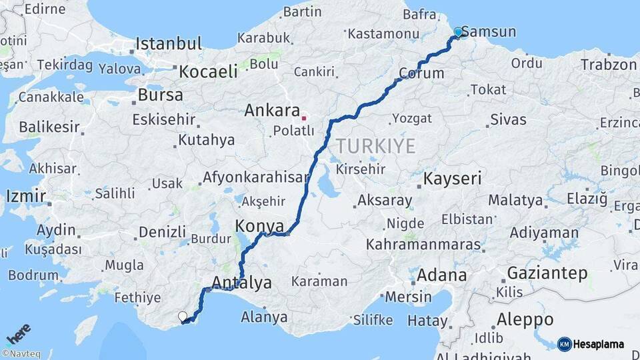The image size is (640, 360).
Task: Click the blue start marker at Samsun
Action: click(x=458, y=32)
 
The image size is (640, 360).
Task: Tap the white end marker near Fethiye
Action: click(x=182, y=316)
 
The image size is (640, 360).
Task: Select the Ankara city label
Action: click(x=271, y=110)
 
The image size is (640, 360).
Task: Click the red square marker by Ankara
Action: click(x=304, y=117)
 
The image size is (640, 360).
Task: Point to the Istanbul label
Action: click(x=169, y=44)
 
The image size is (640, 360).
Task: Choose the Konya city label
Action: click(x=259, y=226)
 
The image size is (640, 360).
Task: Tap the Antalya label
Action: click(x=241, y=283)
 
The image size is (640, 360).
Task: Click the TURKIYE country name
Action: click(x=376, y=146)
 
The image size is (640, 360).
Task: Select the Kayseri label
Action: click(x=453, y=179)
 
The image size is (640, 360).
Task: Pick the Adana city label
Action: click(x=442, y=275)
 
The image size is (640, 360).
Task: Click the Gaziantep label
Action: click(x=547, y=273)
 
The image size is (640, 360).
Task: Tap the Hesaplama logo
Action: click(x=591, y=344)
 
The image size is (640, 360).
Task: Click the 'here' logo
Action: click(x=19, y=333)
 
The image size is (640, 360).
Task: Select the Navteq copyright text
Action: click(x=21, y=354)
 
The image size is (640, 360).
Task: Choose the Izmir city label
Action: click(x=26, y=196)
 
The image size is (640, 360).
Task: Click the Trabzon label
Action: click(x=609, y=65)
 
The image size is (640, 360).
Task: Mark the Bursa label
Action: click(x=160, y=95)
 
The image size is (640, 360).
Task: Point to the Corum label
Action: click(x=421, y=73)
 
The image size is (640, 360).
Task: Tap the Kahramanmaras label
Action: click(x=423, y=245)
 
